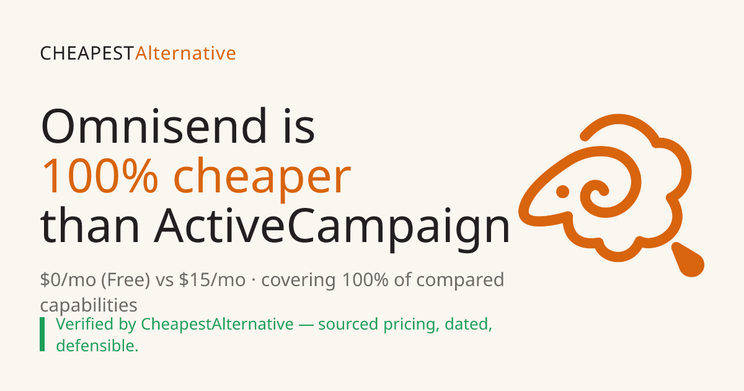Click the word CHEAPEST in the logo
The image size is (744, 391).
pos(87,53)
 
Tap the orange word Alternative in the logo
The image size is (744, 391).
pos(185,53)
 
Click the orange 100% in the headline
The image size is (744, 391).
pos(100,176)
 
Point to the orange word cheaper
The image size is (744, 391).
pos(262,179)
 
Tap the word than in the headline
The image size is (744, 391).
pos(90,225)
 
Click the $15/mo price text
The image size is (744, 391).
pos(212,280)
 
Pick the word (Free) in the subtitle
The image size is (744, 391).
pos(126,280)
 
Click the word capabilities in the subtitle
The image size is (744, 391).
pos(89,305)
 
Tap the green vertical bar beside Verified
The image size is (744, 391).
pos(42,334)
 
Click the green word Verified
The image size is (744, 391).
pos(85,324)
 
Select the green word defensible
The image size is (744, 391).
pos(97,346)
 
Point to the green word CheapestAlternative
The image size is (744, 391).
pos(217,325)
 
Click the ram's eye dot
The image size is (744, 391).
pos(562,192)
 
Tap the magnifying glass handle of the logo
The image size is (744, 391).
pos(688,260)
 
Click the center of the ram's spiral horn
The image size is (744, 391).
pos(601,191)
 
